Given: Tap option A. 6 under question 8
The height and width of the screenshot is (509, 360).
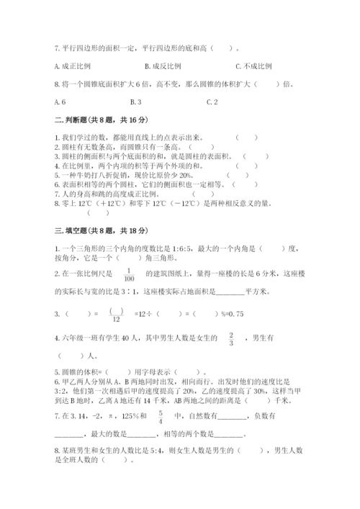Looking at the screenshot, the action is tap(59, 102).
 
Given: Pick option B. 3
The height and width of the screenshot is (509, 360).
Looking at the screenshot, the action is tap(133, 102).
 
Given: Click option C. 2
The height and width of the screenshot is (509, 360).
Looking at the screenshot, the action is tap(212, 102).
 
